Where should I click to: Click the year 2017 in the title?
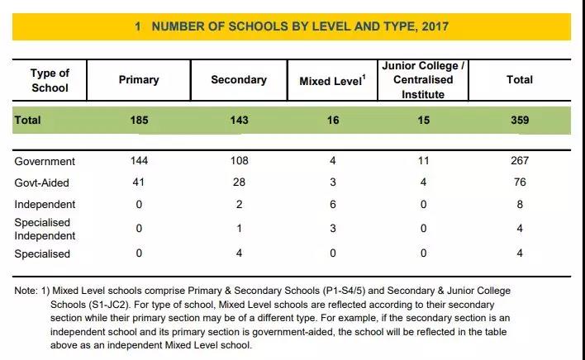(435, 26)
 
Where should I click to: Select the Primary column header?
(139, 80)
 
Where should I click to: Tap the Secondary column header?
(239, 80)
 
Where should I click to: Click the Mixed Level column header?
(332, 80)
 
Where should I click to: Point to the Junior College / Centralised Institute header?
(423, 80)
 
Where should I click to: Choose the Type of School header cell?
(50, 80)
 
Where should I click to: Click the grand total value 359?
(520, 120)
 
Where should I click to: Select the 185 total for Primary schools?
(139, 120)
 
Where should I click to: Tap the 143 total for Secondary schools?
(239, 120)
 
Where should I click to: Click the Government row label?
(45, 161)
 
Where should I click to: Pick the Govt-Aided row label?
(42, 183)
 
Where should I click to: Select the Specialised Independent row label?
(45, 229)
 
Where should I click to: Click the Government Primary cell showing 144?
(139, 161)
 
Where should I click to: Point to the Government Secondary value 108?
(239, 161)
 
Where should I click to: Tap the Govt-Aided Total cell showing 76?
(520, 182)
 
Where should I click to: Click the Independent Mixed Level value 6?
(333, 204)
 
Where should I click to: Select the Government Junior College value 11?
(423, 161)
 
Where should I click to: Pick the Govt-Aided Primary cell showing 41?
(139, 182)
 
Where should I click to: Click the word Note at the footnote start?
(26, 291)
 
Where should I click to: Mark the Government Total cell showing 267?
(520, 161)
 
